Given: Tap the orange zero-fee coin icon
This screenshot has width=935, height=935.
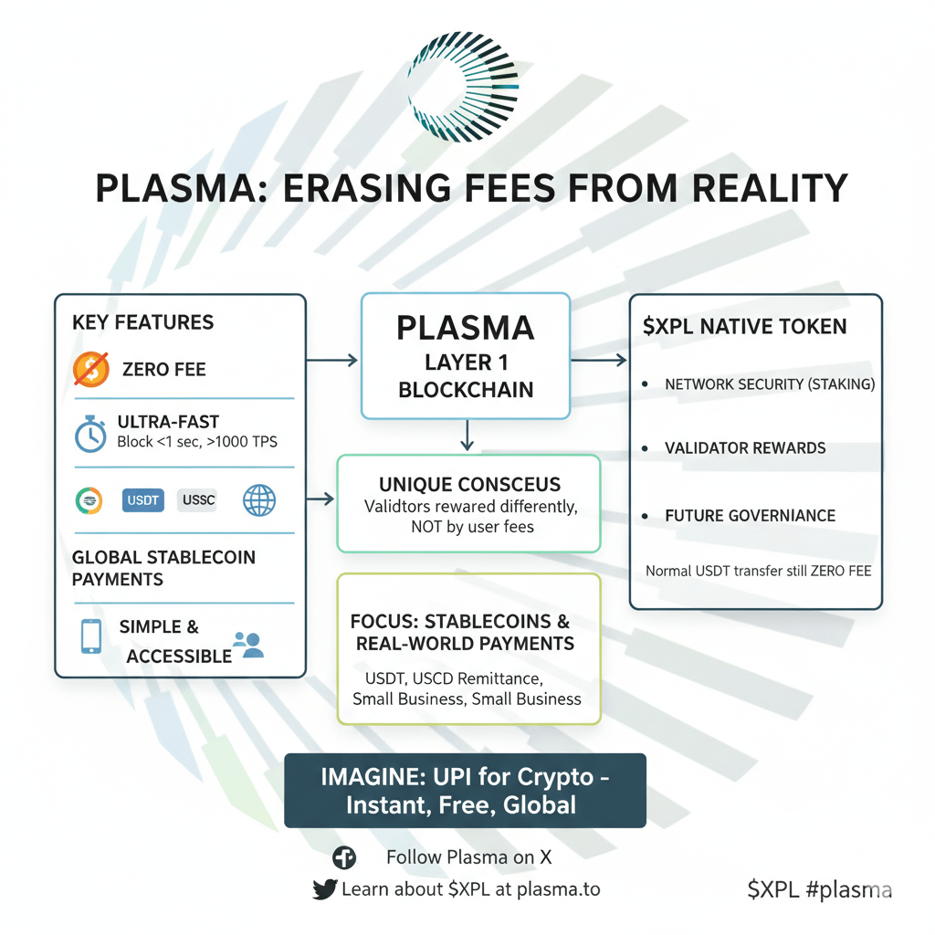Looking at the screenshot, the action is (x=90, y=369).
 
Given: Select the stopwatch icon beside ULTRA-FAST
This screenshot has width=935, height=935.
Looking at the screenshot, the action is (x=91, y=434).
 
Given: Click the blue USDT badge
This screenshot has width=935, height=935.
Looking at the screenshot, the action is (x=142, y=499).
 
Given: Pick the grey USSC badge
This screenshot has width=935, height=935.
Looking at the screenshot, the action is (x=197, y=499).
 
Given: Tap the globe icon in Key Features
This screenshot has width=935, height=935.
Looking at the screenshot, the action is (x=259, y=499).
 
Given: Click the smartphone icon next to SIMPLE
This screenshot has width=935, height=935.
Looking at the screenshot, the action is (x=91, y=636).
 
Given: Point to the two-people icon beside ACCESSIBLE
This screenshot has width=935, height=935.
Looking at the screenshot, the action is (x=248, y=645).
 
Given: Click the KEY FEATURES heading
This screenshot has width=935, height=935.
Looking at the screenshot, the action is (x=142, y=322).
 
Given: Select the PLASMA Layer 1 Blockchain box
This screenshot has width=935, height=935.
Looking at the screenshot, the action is (x=466, y=356).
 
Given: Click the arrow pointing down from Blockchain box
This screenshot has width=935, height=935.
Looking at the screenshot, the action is (x=467, y=435).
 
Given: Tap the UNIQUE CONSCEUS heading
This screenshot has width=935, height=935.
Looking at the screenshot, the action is (x=469, y=484).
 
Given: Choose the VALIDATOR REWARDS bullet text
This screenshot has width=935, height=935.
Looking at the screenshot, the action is (x=745, y=448).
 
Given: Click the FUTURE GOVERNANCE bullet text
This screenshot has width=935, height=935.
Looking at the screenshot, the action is (x=750, y=516).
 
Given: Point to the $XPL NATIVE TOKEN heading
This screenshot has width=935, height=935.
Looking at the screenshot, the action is (x=745, y=327).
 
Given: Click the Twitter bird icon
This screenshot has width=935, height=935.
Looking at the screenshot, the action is (x=324, y=889).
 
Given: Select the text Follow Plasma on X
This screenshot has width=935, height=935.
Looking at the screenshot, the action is (x=468, y=857).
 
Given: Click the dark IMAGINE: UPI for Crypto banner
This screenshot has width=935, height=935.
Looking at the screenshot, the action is (x=465, y=791).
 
